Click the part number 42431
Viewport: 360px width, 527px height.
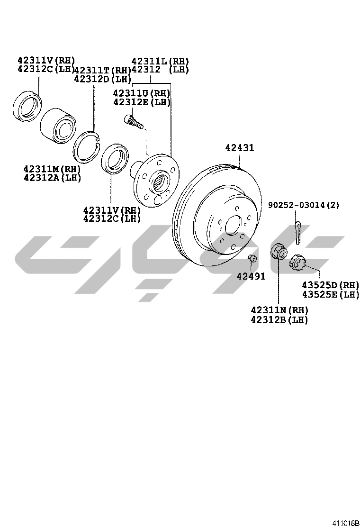[x=239, y=148]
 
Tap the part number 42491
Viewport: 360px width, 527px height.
[x=251, y=276]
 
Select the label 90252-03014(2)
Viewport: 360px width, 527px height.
[x=303, y=205]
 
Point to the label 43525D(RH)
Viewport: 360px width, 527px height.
[x=331, y=285]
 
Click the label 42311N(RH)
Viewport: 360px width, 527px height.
[x=279, y=310]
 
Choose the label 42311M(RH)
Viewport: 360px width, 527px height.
[x=53, y=168]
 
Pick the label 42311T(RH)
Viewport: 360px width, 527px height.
[x=102, y=70]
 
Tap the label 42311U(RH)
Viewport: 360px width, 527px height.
[x=142, y=93]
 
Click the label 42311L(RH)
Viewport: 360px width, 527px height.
[x=160, y=62]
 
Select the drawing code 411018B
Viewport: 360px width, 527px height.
[x=346, y=523]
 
